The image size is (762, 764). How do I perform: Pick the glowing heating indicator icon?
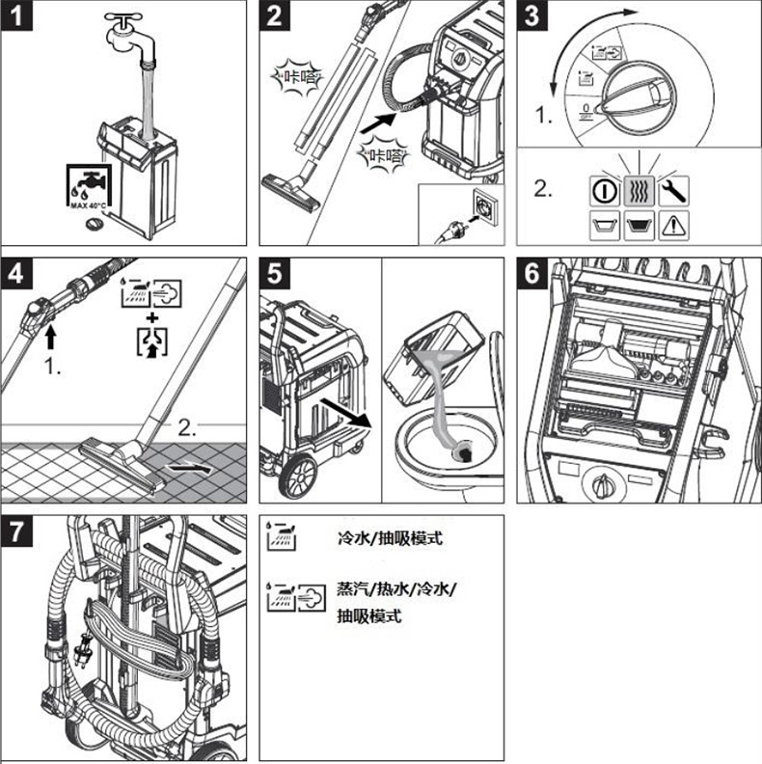(637, 188)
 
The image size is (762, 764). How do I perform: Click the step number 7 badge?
(20, 534)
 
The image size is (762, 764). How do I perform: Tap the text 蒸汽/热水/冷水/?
(396, 589)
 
